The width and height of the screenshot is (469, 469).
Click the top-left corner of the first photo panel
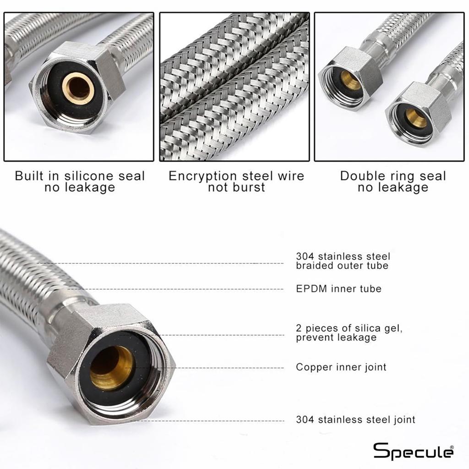click(x=4, y=12)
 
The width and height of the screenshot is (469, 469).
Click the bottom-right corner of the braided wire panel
click(x=309, y=161)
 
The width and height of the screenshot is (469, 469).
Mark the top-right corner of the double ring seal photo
click(x=464, y=12)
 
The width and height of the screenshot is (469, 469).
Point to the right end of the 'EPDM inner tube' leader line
click(x=283, y=289)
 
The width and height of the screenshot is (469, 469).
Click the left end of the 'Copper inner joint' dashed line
click(x=125, y=368)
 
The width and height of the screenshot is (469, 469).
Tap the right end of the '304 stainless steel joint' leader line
click(x=283, y=421)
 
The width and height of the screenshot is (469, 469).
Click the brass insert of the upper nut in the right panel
click(x=350, y=80)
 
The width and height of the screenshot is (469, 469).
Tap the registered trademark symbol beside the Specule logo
click(x=452, y=447)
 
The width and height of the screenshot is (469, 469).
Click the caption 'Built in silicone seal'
click(x=80, y=176)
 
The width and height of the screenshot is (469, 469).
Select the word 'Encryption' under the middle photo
click(x=203, y=176)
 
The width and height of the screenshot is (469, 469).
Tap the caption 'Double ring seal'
click(x=393, y=176)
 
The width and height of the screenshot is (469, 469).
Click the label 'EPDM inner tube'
click(x=338, y=289)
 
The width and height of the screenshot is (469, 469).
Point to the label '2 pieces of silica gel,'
click(x=349, y=328)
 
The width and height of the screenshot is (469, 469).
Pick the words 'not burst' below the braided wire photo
click(x=236, y=187)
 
